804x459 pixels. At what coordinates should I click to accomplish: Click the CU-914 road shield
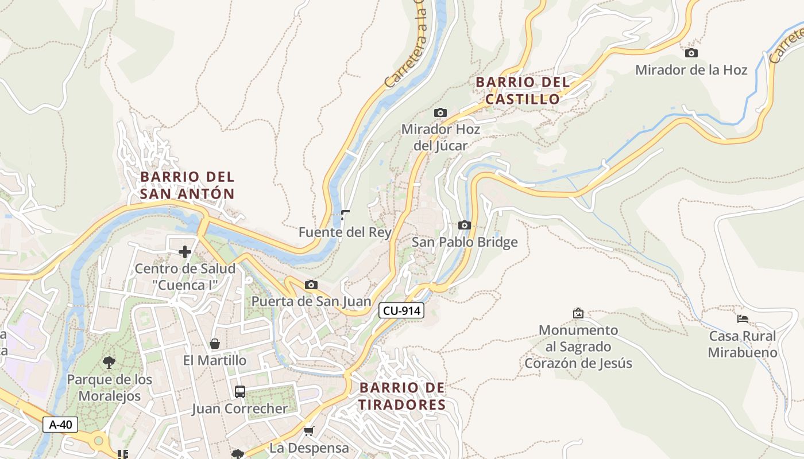(x=401, y=311)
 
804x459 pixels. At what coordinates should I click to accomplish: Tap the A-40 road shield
(x=60, y=425)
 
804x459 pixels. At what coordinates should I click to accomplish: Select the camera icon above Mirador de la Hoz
(x=691, y=53)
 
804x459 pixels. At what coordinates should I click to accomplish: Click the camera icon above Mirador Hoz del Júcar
(x=440, y=112)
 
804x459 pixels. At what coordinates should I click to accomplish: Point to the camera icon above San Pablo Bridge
(x=465, y=225)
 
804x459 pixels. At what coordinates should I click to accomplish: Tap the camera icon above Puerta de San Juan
(x=311, y=285)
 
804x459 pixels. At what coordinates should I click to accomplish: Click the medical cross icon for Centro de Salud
(x=185, y=252)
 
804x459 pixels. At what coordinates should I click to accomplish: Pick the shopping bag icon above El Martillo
(x=215, y=344)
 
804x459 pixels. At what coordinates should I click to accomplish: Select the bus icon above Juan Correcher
(x=240, y=392)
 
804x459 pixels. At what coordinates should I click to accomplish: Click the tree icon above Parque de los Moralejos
(x=109, y=363)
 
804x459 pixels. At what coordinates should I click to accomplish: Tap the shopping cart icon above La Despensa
(x=309, y=431)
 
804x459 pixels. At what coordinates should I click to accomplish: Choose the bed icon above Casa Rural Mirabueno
(x=743, y=319)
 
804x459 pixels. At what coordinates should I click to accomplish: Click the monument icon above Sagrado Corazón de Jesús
(x=578, y=313)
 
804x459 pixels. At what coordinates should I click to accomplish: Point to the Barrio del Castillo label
(x=523, y=91)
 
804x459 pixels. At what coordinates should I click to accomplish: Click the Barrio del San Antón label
(x=187, y=185)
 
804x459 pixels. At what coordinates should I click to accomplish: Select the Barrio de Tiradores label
(x=402, y=396)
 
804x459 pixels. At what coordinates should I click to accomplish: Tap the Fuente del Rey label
(x=345, y=232)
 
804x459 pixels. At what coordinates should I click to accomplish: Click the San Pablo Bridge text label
(x=465, y=242)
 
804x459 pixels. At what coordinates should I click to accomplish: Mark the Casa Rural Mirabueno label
(x=742, y=344)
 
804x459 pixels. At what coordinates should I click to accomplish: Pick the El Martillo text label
(x=215, y=360)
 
